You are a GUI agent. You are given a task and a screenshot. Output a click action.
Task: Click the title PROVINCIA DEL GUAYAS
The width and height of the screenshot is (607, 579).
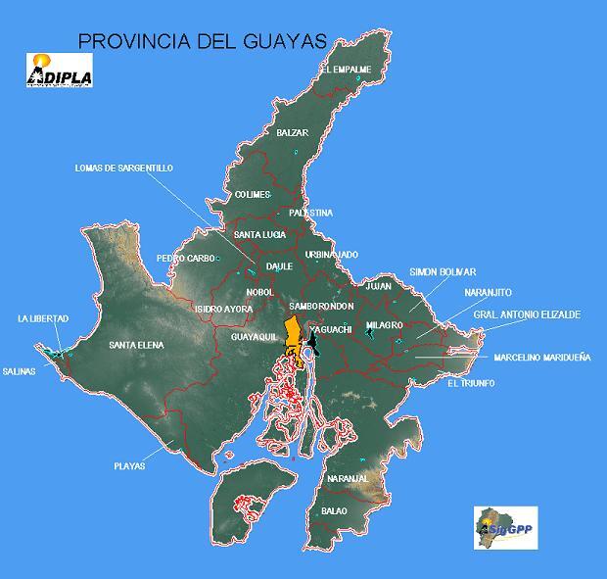[201, 40]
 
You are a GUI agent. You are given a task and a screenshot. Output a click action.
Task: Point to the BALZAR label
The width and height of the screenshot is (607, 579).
[292, 132]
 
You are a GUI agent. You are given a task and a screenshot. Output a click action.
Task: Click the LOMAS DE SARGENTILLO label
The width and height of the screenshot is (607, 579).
[123, 168]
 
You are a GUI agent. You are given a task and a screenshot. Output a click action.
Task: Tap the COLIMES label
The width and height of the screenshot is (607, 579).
[253, 194]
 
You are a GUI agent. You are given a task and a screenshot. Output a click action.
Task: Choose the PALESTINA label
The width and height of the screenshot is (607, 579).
[310, 213]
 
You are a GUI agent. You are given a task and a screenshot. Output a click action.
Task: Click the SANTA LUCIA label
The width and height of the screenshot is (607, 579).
[259, 235]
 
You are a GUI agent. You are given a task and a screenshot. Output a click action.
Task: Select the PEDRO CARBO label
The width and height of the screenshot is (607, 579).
[185, 259]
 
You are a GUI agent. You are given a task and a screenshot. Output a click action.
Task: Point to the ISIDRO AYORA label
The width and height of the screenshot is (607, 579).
[223, 309]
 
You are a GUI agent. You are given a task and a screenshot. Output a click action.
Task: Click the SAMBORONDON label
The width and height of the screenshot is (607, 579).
[321, 307]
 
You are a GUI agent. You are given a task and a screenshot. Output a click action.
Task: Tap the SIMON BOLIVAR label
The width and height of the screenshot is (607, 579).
[443, 271]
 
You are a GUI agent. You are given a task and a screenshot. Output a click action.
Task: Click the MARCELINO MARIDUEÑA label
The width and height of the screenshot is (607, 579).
[542, 358]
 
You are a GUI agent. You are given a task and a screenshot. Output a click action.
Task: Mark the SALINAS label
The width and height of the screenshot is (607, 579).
[19, 371]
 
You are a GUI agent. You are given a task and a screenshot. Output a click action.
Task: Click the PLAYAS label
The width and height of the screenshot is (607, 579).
[128, 466]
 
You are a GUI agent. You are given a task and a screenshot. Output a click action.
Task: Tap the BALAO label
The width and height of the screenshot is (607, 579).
[334, 511]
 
